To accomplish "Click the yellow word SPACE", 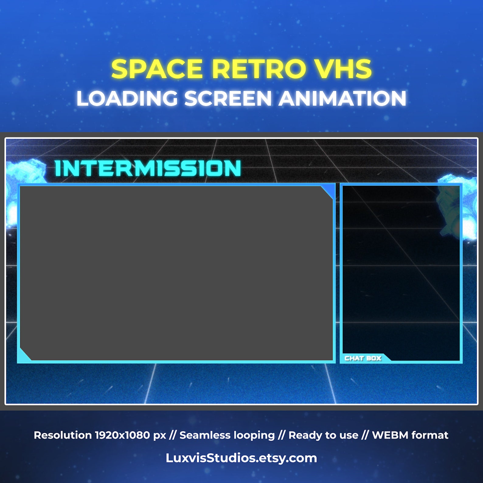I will pyautogui.click(x=157, y=69).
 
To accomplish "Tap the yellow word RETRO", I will pyautogui.click(x=259, y=69).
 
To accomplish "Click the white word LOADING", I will pyautogui.click(x=127, y=99).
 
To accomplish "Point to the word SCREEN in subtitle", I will pyautogui.click(x=228, y=99).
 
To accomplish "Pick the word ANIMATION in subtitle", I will pyautogui.click(x=342, y=99).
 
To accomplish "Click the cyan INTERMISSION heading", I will pyautogui.click(x=148, y=168).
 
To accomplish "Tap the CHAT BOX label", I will pyautogui.click(x=363, y=358).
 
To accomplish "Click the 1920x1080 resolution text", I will pyautogui.click(x=130, y=435).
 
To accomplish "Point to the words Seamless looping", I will pyautogui.click(x=227, y=435).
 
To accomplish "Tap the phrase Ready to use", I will pyautogui.click(x=323, y=435).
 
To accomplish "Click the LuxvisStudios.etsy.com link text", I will pyautogui.click(x=241, y=458).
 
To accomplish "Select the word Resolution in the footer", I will pyautogui.click(x=62, y=435).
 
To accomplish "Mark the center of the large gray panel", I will pyautogui.click(x=176, y=273).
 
